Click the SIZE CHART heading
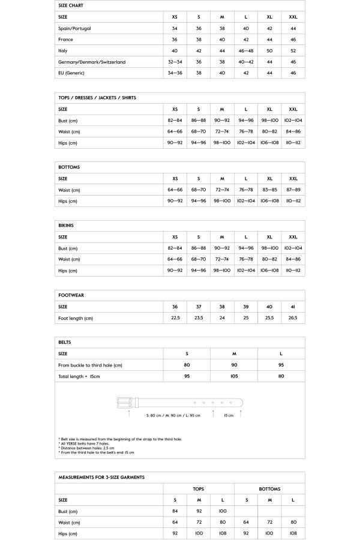click(x=71, y=6)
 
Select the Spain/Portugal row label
click(x=74, y=29)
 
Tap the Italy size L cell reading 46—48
click(x=246, y=51)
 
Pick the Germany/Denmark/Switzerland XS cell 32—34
click(x=175, y=62)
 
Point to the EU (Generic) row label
click(x=71, y=73)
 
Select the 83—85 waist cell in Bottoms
click(x=269, y=190)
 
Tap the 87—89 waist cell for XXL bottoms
click(x=293, y=190)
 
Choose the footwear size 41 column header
click(x=293, y=306)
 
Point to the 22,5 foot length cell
click(x=175, y=318)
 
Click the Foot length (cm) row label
click(x=76, y=318)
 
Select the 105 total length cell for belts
click(x=234, y=376)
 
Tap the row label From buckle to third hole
click(x=90, y=365)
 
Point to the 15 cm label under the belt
click(x=229, y=415)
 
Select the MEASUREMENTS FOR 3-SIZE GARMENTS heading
click(x=101, y=477)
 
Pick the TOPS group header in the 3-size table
click(x=198, y=489)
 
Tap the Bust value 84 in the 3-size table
click(x=175, y=511)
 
